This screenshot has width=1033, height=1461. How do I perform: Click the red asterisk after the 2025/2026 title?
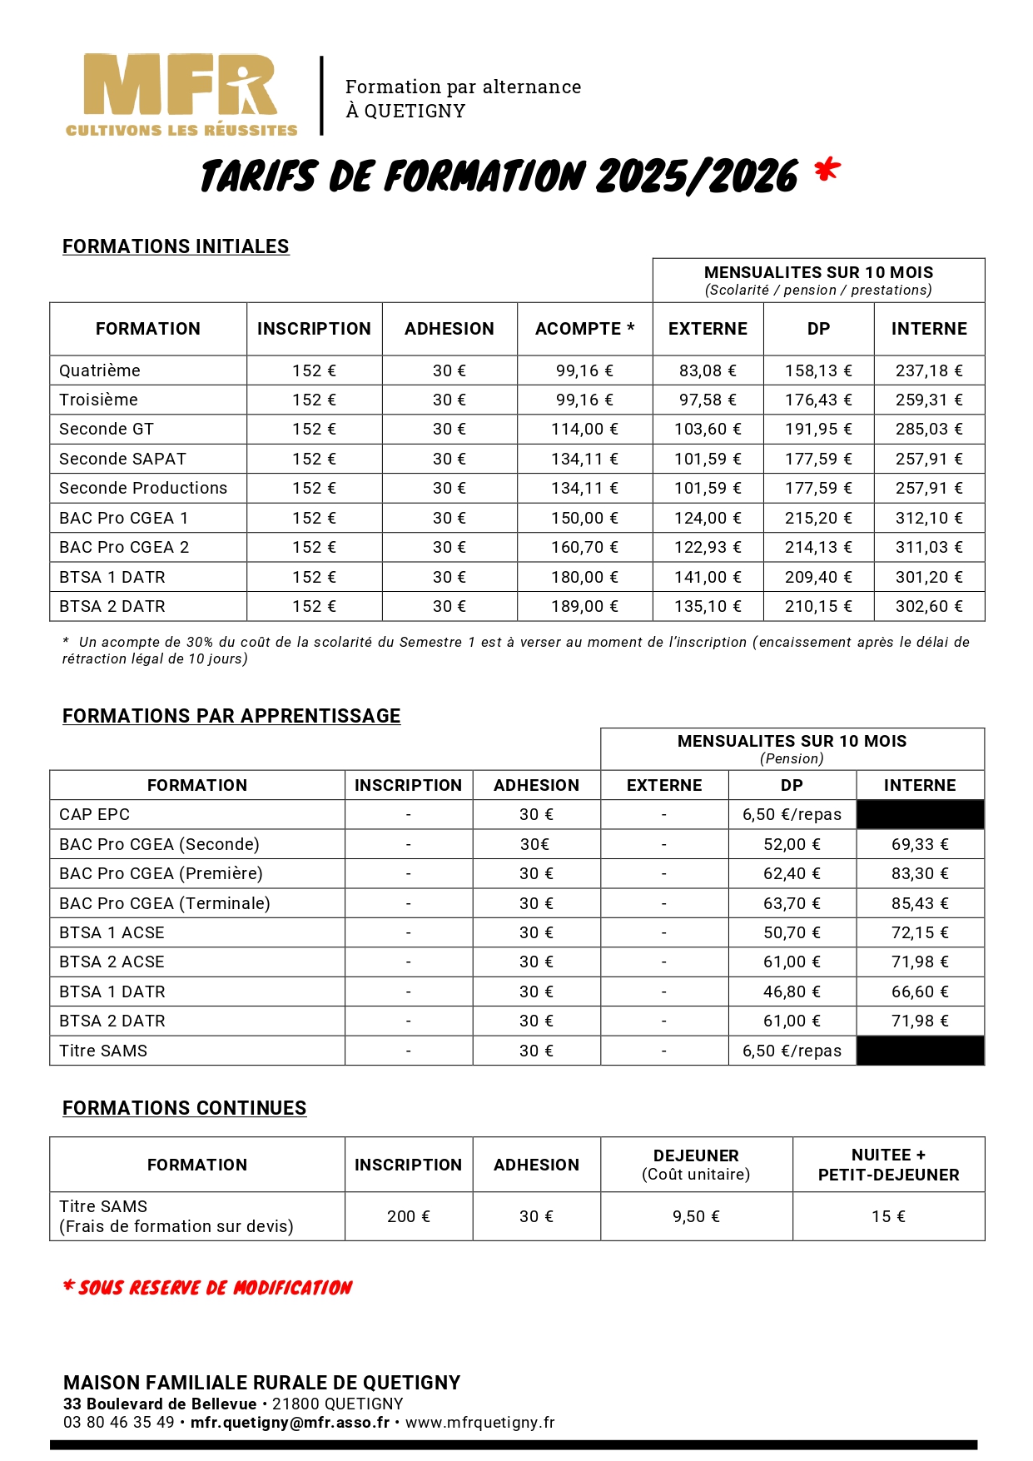tap(827, 171)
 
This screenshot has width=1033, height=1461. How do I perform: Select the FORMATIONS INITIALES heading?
tap(176, 246)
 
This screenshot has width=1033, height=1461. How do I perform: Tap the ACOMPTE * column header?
tap(584, 329)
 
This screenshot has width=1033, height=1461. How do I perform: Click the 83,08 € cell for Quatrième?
tap(708, 370)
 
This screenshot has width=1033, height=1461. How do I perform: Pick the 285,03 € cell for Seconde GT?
tap(929, 429)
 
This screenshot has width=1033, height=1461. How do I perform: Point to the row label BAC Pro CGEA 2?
tap(124, 547)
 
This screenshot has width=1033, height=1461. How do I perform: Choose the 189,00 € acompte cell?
tap(584, 606)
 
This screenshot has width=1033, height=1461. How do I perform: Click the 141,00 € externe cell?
tap(708, 577)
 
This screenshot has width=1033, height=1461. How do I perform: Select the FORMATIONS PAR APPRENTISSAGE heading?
tap(231, 716)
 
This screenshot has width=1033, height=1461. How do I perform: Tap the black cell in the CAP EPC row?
tap(920, 814)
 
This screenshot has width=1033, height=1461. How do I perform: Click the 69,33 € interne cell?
tap(920, 844)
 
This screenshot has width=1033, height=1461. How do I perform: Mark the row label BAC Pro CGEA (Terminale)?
tap(165, 903)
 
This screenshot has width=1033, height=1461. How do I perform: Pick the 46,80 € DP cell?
tap(792, 991)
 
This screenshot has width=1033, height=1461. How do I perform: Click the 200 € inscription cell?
tap(409, 1216)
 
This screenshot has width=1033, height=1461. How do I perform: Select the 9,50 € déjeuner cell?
tap(696, 1216)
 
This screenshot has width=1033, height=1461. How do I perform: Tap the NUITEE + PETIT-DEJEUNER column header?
tap(888, 1165)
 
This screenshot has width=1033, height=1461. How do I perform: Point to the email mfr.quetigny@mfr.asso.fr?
tap(290, 1423)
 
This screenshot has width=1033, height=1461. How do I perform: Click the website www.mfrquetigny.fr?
tap(480, 1423)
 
